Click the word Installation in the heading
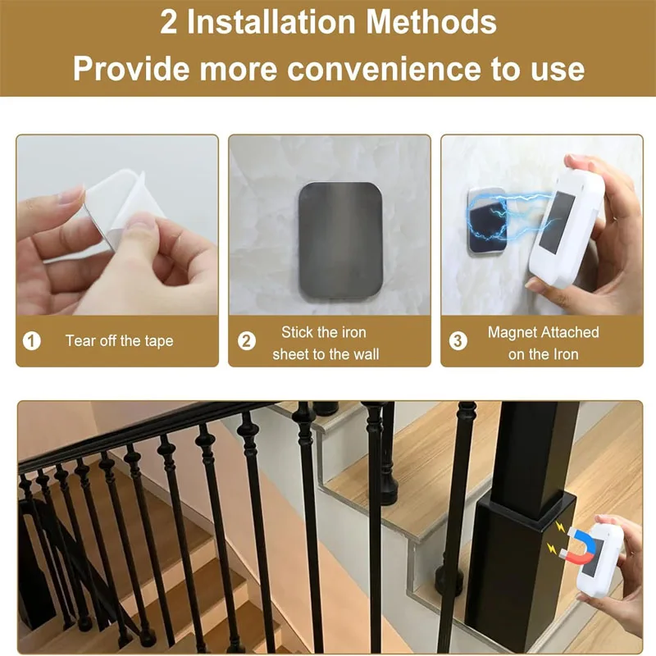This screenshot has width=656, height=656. pyautogui.click(x=272, y=23)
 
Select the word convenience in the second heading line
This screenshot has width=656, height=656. pyautogui.click(x=384, y=69)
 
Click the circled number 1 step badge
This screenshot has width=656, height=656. pyautogui.click(x=31, y=340)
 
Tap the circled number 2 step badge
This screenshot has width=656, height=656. pyautogui.click(x=246, y=340)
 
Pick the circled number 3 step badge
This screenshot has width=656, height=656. pyautogui.click(x=458, y=340)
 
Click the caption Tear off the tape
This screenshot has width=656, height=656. pyautogui.click(x=120, y=340)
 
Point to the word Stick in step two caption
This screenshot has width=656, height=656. pyautogui.click(x=298, y=332)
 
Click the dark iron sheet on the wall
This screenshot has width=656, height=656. pyautogui.click(x=330, y=246)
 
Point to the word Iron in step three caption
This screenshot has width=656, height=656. pyautogui.click(x=566, y=354)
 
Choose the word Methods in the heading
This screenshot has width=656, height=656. pyautogui.click(x=432, y=23)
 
